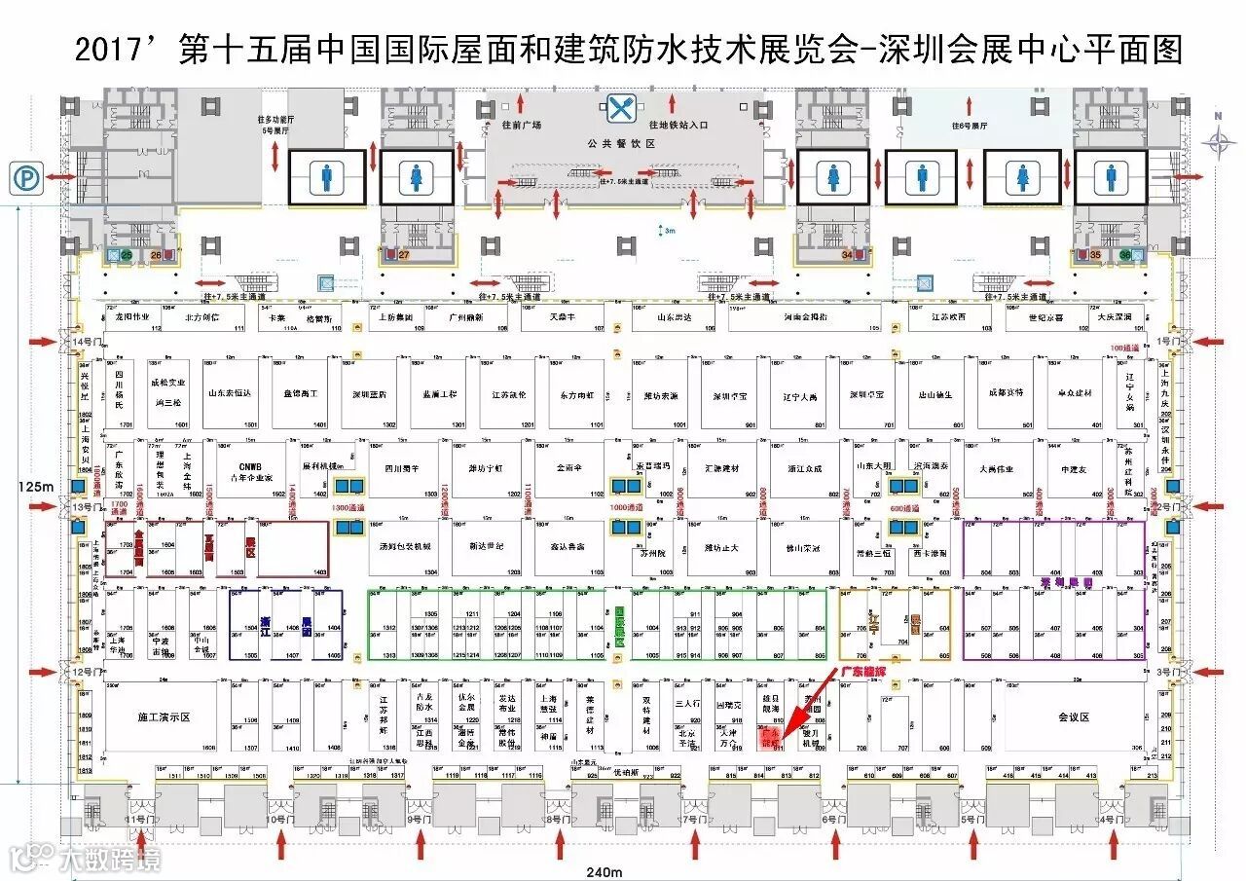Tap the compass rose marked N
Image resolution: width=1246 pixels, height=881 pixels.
pyautogui.click(x=1217, y=141)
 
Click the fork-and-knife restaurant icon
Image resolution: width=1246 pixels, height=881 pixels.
pyautogui.click(x=620, y=108)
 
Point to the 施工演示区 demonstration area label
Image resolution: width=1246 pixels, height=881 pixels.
pyautogui.click(x=163, y=717)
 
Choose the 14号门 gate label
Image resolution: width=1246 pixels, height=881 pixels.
pyautogui.click(x=85, y=342)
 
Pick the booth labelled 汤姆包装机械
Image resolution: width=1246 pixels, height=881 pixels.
pyautogui.click(x=405, y=546)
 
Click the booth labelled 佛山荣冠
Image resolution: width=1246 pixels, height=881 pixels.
pyautogui.click(x=804, y=547)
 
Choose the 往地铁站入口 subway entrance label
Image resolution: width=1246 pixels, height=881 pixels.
pyautogui.click(x=678, y=126)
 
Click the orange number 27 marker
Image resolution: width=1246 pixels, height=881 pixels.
pyautogui.click(x=403, y=255)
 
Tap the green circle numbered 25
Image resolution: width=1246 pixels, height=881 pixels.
pyautogui.click(x=126, y=255)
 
